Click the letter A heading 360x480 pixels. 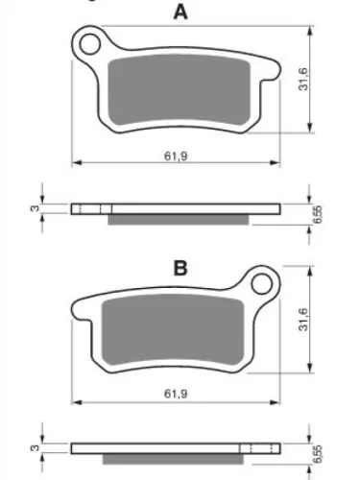pyautogui.click(x=180, y=12)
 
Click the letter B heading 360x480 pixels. pyautogui.click(x=180, y=268)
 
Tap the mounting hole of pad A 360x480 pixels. pyautogui.click(x=90, y=44)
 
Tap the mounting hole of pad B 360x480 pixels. pyautogui.click(x=262, y=283)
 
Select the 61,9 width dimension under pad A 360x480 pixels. pyautogui.click(x=176, y=156)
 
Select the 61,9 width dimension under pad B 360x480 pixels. pyautogui.click(x=176, y=394)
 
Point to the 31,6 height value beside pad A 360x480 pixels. pyautogui.click(x=303, y=79)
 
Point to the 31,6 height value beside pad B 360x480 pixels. pyautogui.click(x=303, y=319)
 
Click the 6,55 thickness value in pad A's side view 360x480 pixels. pyautogui.click(x=317, y=214)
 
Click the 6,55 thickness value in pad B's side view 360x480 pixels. pyautogui.click(x=317, y=454)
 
